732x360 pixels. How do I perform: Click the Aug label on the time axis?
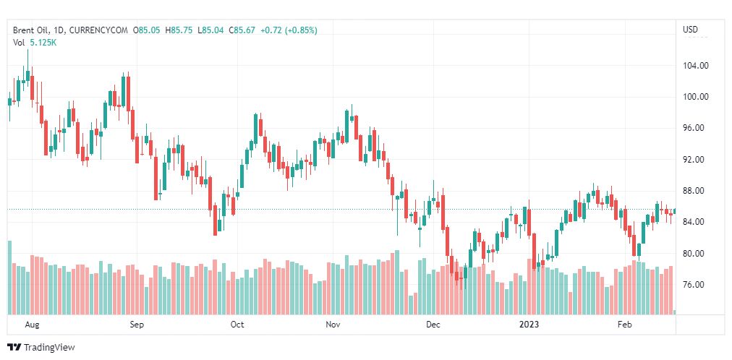[x=31, y=325]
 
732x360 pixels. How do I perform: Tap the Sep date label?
[x=137, y=325]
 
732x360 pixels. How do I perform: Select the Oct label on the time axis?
[x=237, y=325]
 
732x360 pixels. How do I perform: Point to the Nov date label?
[x=333, y=325]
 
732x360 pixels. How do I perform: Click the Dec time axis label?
[x=433, y=325]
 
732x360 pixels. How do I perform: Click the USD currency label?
[x=690, y=30]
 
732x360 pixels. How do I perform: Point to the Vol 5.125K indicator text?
[x=35, y=43]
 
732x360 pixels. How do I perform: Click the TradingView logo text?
[x=49, y=348]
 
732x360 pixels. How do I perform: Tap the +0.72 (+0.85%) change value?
[x=289, y=30]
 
